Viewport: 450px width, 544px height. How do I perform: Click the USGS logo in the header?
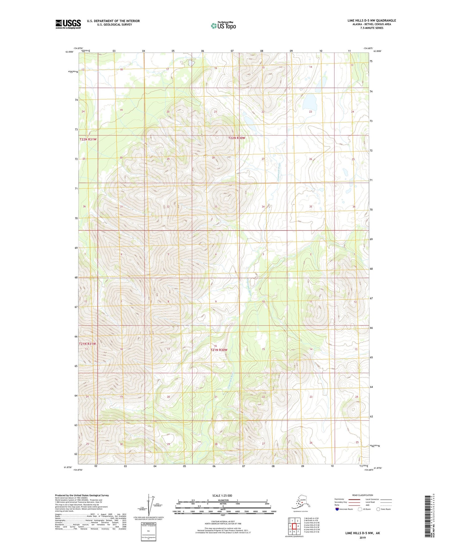click(68, 24)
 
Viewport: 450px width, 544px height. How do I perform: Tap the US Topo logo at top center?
click(223, 25)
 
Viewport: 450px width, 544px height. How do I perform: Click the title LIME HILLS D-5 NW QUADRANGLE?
click(372, 21)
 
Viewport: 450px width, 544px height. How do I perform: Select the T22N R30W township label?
click(237, 138)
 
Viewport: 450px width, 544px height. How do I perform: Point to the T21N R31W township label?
click(88, 344)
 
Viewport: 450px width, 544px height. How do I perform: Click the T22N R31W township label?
click(88, 140)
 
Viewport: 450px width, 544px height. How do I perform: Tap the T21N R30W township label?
click(219, 350)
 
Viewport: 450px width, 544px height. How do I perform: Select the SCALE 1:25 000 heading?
click(222, 495)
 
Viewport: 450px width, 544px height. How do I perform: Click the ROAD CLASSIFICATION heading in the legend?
click(362, 495)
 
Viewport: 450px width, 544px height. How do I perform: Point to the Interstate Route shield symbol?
click(337, 509)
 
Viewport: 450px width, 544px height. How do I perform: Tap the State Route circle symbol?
click(378, 509)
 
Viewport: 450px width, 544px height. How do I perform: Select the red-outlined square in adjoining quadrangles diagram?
click(294, 526)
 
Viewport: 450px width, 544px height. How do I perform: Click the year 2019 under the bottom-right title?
click(362, 537)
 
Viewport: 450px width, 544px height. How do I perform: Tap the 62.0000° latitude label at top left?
click(69, 52)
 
